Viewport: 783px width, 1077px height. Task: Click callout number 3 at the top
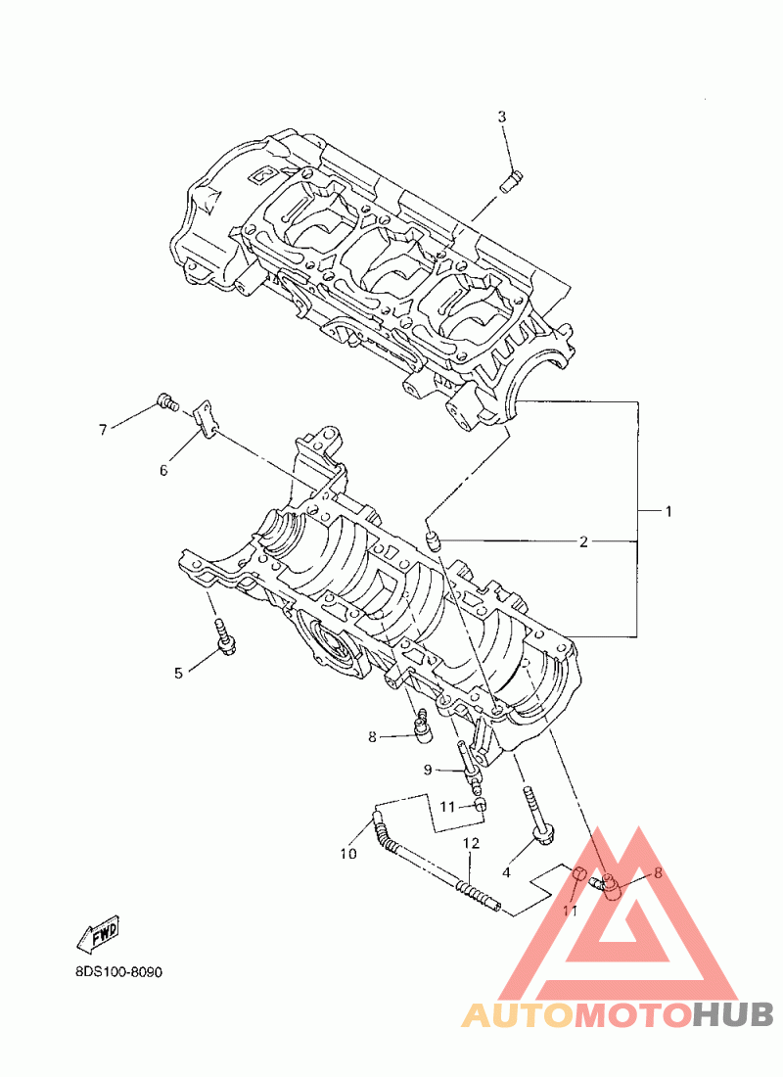coord(502,117)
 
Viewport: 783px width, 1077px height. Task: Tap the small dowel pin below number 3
coord(510,183)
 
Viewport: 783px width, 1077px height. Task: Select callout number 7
coord(103,430)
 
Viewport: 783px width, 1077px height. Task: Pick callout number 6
coord(163,471)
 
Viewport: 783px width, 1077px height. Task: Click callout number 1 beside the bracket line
coord(668,511)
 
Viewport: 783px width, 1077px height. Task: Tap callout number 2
coord(583,542)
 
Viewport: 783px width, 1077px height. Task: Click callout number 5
coord(178,674)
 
